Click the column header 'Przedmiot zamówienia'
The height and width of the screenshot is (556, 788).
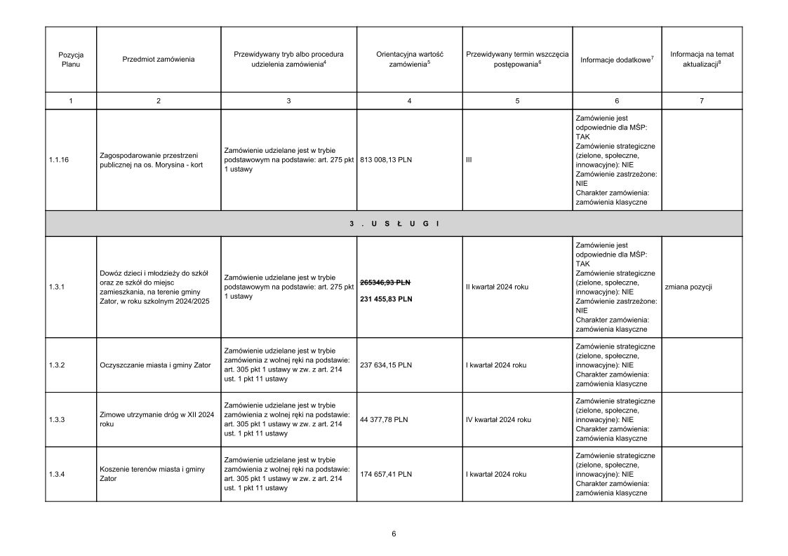(158, 59)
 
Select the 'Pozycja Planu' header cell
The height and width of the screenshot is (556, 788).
(71, 59)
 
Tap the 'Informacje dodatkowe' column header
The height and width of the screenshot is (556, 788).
(617, 60)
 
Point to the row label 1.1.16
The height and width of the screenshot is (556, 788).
(60, 160)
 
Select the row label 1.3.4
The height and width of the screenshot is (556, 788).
(57, 475)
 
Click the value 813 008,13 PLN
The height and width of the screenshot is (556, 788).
(386, 160)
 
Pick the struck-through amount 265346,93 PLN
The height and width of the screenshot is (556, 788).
(385, 282)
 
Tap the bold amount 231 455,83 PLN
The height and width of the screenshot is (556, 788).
(386, 299)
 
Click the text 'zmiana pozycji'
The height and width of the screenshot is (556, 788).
(688, 287)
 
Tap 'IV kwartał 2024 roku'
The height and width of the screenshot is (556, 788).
(498, 420)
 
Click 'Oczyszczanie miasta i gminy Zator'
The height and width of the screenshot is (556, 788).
(156, 365)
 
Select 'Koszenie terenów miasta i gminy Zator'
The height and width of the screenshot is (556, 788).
(152, 474)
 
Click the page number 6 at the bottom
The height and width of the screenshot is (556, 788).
(394, 534)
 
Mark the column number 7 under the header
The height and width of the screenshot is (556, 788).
(701, 101)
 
